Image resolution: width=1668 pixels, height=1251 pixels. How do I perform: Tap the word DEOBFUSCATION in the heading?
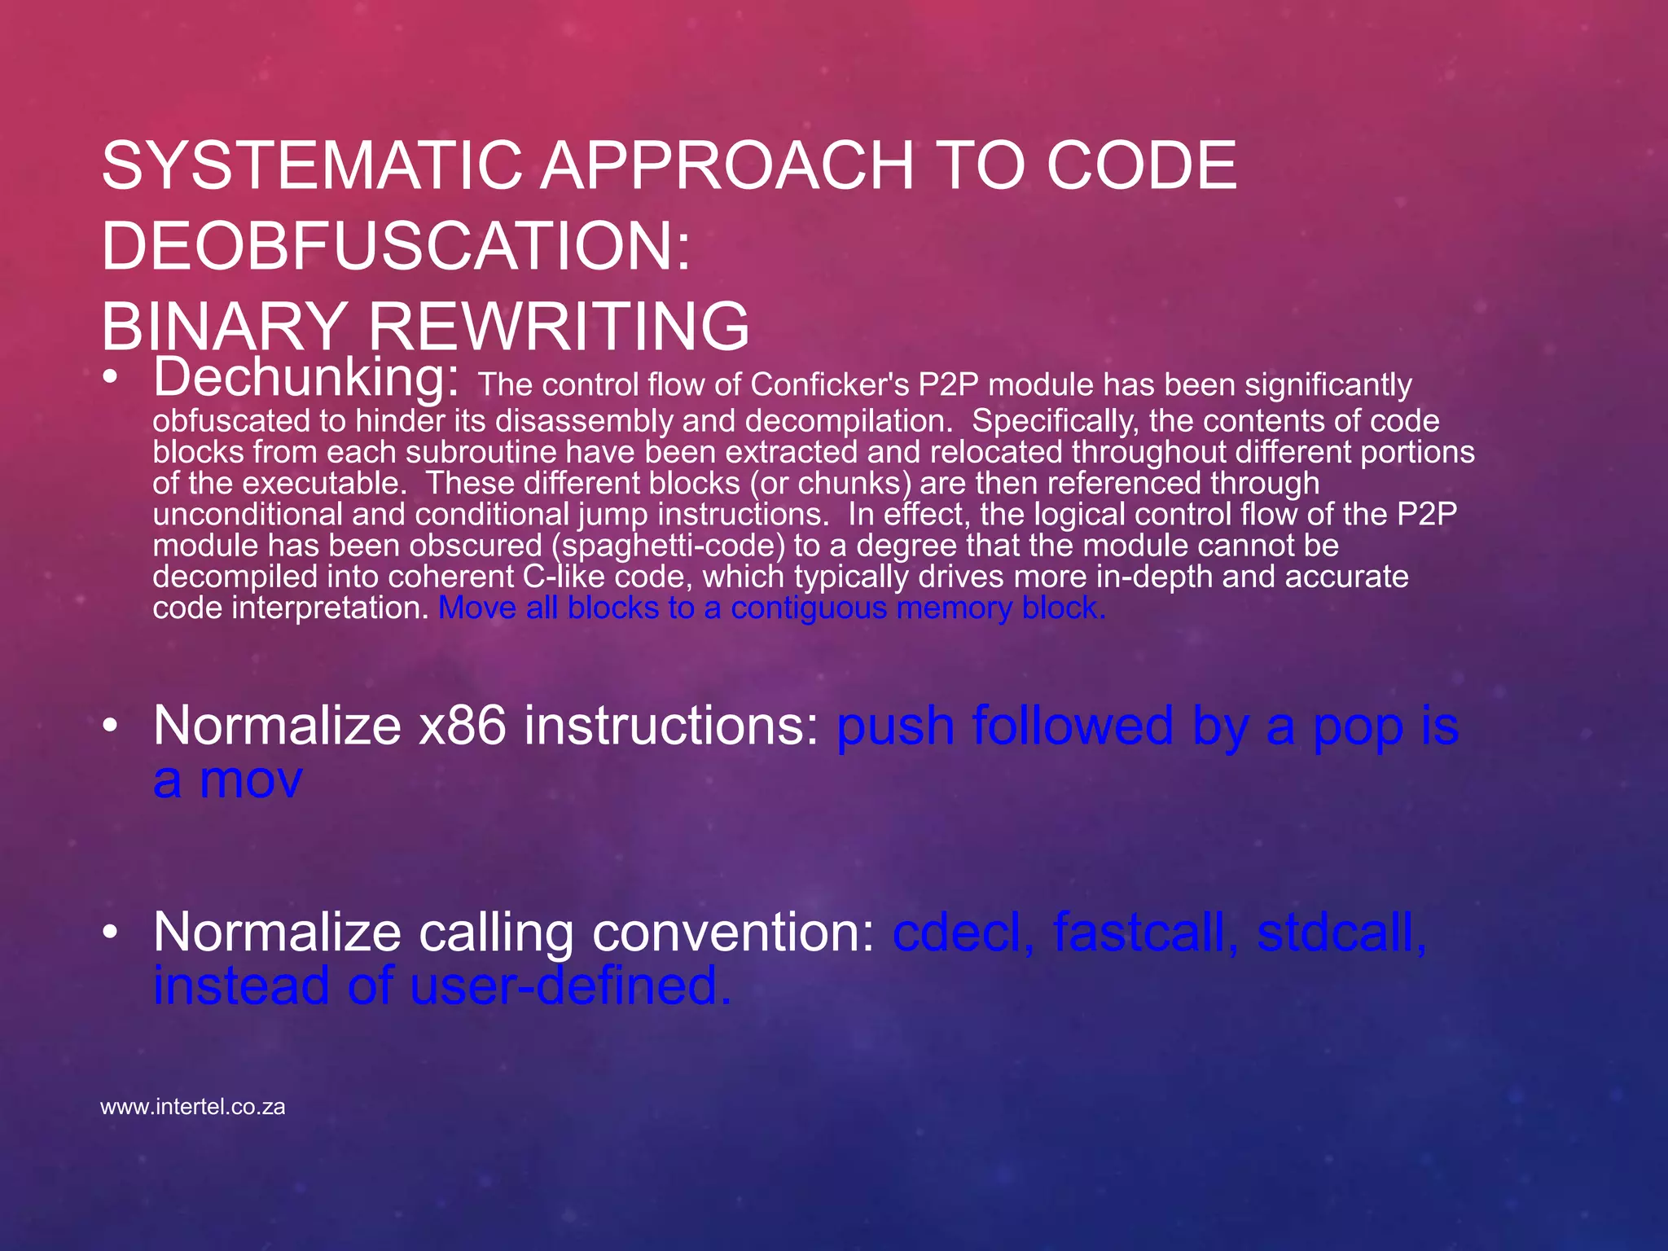(x=396, y=246)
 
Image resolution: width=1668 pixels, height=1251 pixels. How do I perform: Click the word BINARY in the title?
(x=224, y=326)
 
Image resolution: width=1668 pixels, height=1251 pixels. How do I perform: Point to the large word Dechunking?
(x=306, y=376)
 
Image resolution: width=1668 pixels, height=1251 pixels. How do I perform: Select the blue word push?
(x=895, y=726)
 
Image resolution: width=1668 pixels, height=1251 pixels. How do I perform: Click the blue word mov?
(x=251, y=779)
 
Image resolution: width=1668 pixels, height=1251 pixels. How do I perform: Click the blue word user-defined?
(x=570, y=985)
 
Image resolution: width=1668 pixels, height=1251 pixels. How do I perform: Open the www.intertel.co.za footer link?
(x=193, y=1107)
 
